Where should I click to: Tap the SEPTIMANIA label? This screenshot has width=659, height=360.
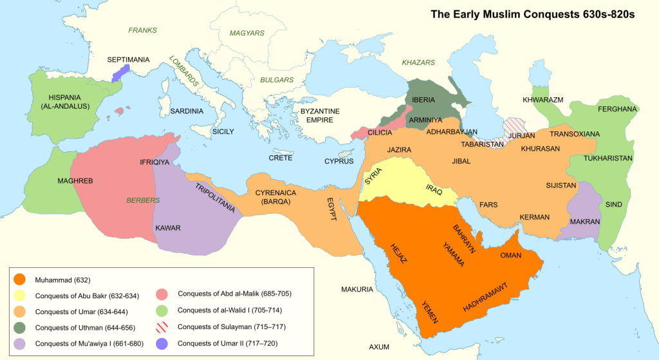128,60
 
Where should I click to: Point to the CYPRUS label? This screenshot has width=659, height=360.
339,160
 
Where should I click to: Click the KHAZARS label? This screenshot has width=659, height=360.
418,62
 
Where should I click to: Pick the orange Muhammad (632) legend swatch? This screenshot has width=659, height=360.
21,279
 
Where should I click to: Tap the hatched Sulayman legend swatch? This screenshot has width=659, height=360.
165,327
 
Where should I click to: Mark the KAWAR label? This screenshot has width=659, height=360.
168,228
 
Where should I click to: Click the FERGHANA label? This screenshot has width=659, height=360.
617,109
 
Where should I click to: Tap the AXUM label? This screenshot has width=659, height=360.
379,347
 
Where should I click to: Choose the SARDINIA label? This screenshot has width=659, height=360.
187,111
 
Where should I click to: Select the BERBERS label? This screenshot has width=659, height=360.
143,200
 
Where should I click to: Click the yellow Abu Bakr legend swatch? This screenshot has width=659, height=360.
21,296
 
